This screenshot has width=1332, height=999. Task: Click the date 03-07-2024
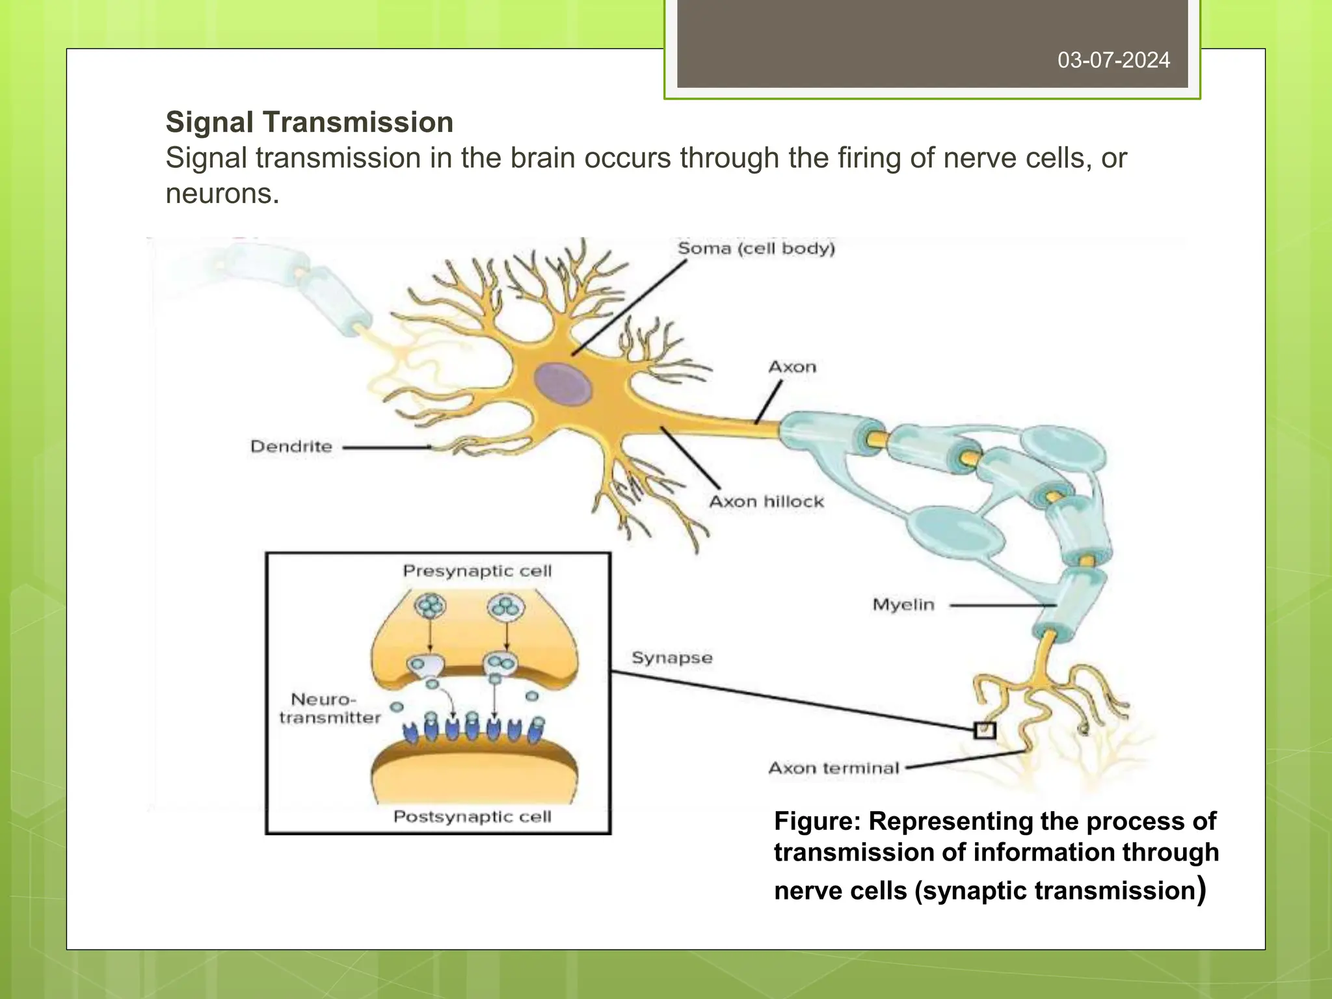1113,60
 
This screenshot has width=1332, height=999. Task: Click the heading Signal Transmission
310,122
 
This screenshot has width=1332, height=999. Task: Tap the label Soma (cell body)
756,248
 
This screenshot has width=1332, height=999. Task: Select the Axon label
792,367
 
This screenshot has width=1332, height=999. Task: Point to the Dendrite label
291,447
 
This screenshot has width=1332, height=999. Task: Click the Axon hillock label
766,501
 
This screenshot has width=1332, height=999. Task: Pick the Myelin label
903,605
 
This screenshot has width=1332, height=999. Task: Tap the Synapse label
672,658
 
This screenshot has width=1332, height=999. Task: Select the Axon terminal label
834,768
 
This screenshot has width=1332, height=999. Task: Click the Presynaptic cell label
477,571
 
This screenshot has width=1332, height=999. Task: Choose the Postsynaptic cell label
472,816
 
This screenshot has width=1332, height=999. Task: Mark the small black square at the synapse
985,730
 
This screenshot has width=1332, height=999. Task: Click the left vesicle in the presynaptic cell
430,607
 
